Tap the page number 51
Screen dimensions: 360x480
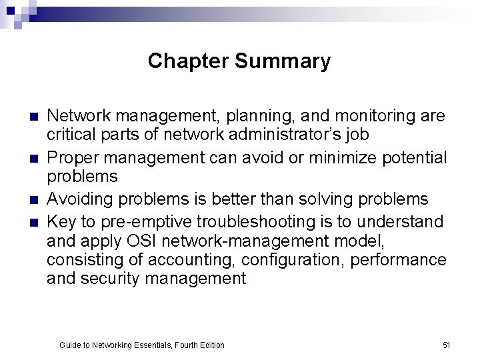[447, 345]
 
